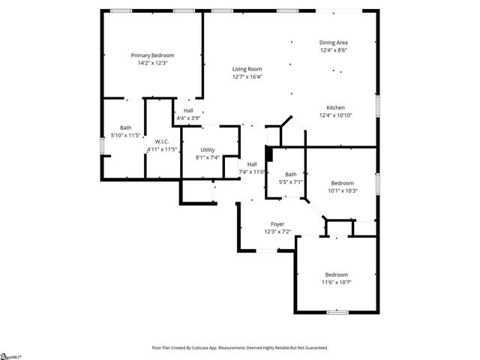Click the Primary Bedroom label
tap(152, 55)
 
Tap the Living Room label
tap(247, 69)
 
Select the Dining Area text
tap(334, 42)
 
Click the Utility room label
tap(207, 150)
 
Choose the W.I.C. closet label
tap(162, 142)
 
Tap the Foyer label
tap(277, 224)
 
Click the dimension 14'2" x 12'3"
tap(152, 63)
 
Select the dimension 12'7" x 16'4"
tap(247, 76)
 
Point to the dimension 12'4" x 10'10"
tap(335, 115)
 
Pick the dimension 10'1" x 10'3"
tap(343, 190)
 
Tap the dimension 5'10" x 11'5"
tap(126, 136)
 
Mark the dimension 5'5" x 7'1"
tap(290, 181)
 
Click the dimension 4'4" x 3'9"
tap(188, 118)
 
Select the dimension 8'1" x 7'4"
tap(207, 157)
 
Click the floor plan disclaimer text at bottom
tap(239, 348)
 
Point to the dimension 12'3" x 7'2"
tap(277, 232)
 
